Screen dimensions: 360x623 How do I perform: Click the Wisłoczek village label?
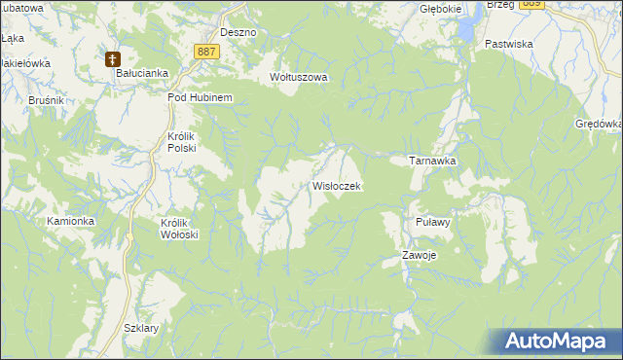click(337, 185)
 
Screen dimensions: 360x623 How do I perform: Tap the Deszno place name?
click(238, 32)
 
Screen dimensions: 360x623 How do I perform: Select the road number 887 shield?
click(204, 52)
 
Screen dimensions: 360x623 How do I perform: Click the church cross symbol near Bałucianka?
click(113, 58)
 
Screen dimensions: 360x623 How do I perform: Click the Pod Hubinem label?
click(199, 98)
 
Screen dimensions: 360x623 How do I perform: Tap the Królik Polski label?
click(182, 142)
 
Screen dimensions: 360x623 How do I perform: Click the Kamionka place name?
click(71, 221)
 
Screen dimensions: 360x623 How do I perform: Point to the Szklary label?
click(142, 328)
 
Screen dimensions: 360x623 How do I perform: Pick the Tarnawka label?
click(432, 161)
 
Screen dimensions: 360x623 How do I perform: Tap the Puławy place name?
click(431, 222)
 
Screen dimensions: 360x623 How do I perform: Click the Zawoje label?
click(420, 256)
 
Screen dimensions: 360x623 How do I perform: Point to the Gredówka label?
click(599, 124)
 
